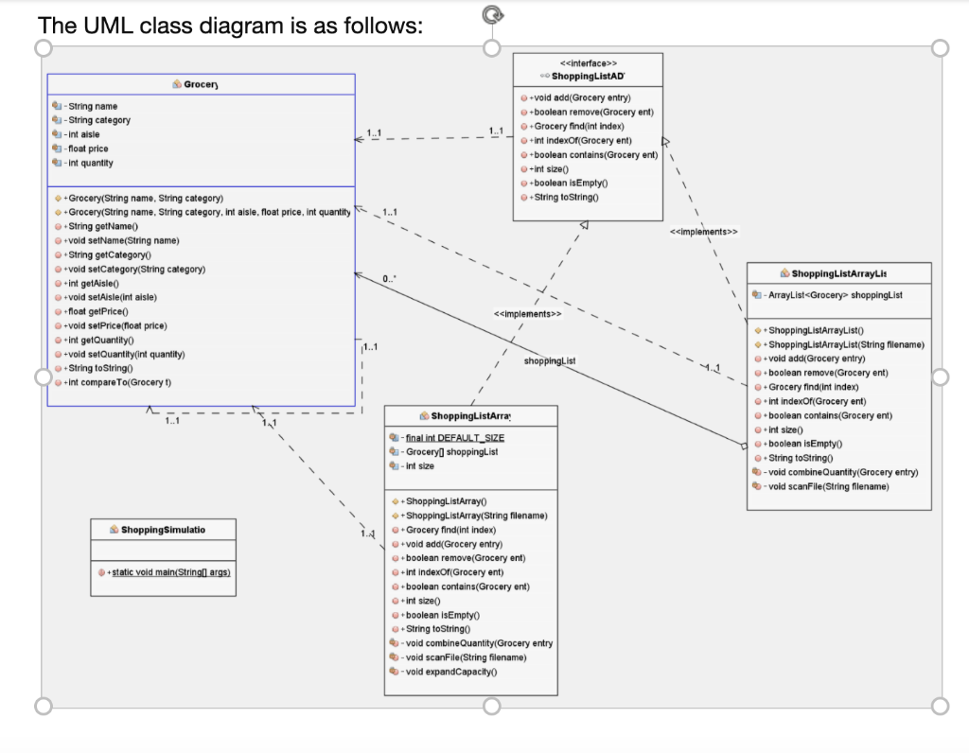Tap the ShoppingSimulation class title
point(164,530)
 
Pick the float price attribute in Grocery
point(88,149)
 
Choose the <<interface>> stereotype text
point(589,62)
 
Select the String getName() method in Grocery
point(103,227)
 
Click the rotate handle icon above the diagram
point(490,13)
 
